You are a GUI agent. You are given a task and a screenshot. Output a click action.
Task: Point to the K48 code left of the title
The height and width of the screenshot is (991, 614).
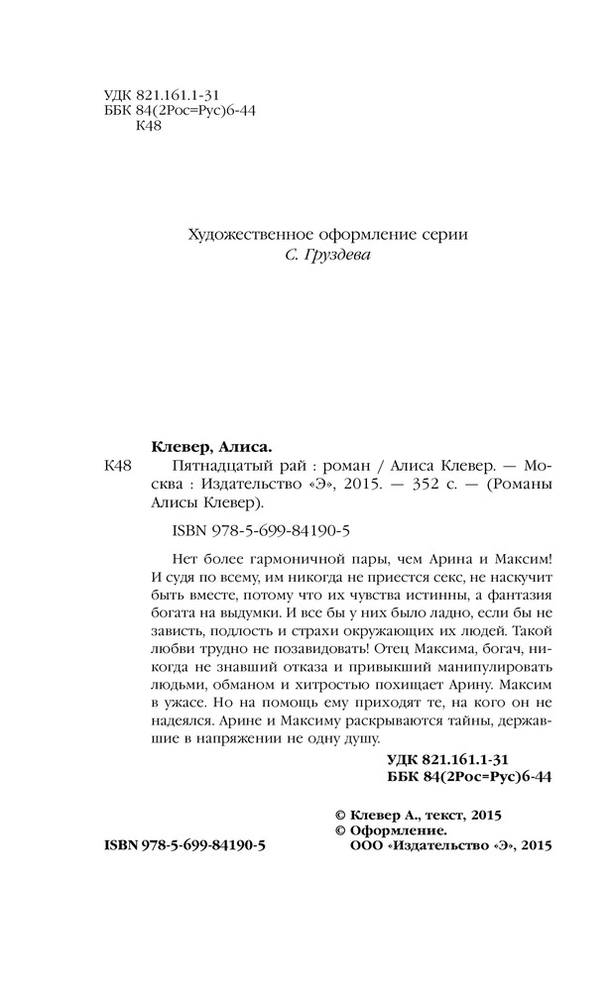pos(119,465)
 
